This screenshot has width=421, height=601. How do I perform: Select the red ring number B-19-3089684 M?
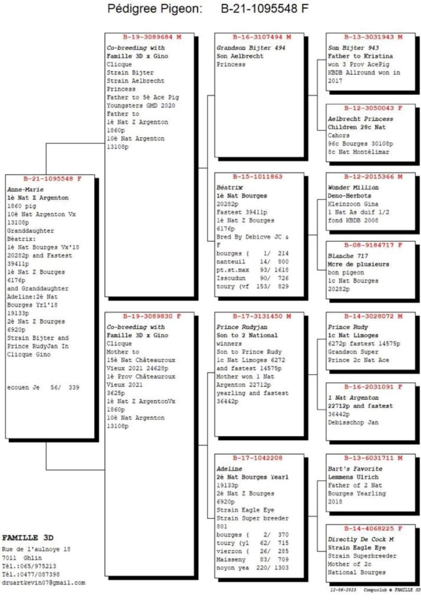[152, 37]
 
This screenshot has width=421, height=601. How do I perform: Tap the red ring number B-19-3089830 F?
[152, 316]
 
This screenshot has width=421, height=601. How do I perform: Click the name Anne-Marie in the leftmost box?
[25, 189]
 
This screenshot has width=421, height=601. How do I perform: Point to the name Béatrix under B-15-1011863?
[229, 187]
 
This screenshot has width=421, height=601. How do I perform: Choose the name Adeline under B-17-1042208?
[229, 469]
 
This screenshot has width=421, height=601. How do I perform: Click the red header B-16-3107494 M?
[262, 37]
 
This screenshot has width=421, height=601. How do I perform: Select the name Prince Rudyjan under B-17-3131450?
[242, 327]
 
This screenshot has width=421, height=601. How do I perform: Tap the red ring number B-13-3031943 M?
[373, 37]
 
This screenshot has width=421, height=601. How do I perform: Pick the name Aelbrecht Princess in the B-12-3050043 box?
[360, 119]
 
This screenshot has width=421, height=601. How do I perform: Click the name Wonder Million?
[353, 187]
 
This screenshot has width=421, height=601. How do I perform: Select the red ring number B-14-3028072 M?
[373, 316]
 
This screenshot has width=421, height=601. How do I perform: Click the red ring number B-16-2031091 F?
[373, 387]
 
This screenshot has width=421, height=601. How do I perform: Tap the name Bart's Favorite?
[355, 469]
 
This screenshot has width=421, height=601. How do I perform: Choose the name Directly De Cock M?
[361, 539]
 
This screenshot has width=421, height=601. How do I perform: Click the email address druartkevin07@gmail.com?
[44, 583]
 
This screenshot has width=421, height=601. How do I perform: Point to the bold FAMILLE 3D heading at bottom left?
[28, 538]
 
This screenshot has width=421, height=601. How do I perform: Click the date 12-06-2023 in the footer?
[343, 590]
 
